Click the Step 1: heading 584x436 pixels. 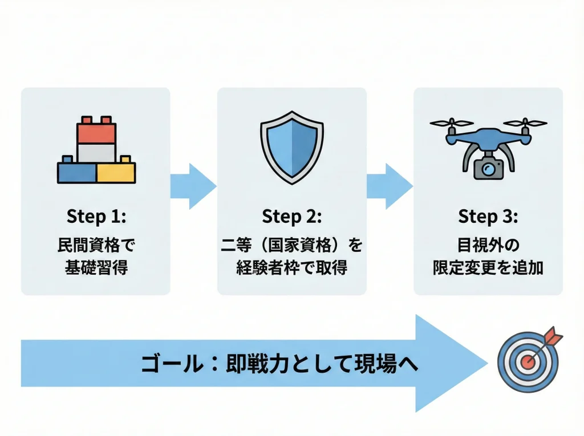(95, 217)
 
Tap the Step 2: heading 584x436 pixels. (291, 217)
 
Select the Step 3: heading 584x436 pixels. (488, 217)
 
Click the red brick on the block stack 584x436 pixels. (96, 132)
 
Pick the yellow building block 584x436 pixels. (116, 172)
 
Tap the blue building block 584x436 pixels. (77, 172)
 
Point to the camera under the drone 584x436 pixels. (488, 168)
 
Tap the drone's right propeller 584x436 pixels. (525, 123)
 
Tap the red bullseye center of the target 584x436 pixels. (527, 362)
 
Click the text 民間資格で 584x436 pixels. (95, 245)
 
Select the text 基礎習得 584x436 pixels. (95, 267)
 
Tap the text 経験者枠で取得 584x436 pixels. (291, 267)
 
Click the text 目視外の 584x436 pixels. (488, 245)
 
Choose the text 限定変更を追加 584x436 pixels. (488, 267)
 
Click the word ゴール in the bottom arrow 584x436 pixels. (169, 364)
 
